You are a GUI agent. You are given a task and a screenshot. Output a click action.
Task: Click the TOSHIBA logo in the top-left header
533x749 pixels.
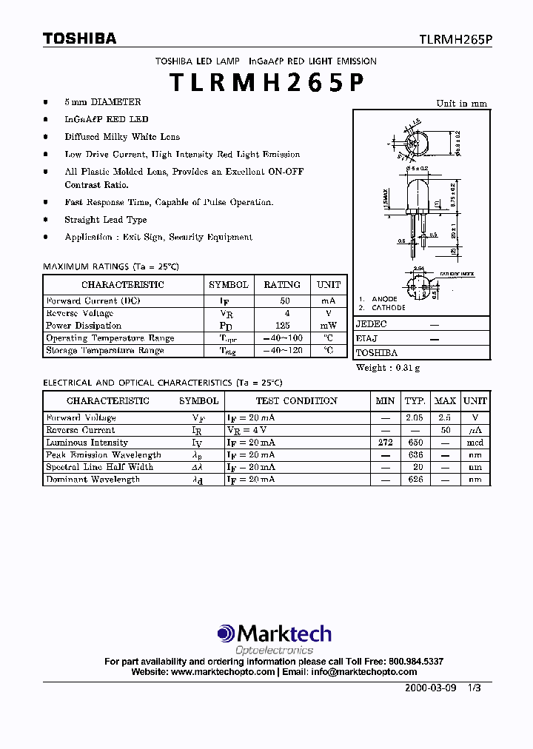point(79,39)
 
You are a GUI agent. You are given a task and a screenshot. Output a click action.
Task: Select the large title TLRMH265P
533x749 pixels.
point(266,83)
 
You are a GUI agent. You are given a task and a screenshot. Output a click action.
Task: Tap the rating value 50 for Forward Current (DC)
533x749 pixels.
point(284,301)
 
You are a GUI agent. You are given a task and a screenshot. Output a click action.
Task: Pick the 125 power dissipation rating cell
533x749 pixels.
point(282,326)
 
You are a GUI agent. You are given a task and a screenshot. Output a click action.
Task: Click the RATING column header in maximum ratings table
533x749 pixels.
point(282,285)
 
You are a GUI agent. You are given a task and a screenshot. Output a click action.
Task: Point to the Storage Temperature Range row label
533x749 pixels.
point(104,351)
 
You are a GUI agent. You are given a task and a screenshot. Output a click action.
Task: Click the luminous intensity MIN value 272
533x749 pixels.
point(385,443)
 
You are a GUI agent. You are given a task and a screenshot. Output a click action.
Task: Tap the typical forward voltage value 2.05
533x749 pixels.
point(415,418)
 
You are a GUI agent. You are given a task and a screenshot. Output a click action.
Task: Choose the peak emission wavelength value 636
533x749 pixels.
point(415,455)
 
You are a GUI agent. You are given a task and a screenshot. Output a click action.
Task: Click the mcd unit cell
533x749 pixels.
point(475,443)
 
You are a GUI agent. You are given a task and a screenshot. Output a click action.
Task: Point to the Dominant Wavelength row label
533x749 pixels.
point(93,480)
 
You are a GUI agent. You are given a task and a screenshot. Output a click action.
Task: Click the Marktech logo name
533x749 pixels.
point(283,634)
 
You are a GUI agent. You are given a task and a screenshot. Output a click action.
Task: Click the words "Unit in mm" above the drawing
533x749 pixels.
point(461,104)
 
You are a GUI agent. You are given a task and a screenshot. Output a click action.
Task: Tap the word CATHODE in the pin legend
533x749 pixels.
point(388,307)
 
